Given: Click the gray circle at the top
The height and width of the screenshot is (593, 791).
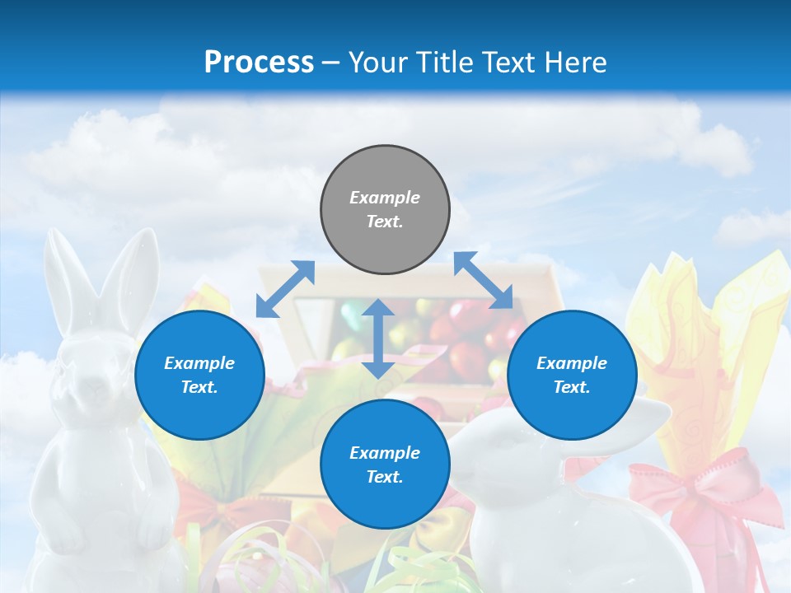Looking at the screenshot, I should (x=385, y=210).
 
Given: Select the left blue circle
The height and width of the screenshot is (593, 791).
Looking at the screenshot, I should (x=199, y=375).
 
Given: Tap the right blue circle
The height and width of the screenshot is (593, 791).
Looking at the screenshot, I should (x=572, y=375).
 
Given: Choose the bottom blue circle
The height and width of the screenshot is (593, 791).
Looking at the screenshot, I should (x=385, y=465).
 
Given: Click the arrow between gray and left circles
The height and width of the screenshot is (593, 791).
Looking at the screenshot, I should (x=285, y=289).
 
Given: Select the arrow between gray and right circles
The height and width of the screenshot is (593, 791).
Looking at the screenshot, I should (x=484, y=281).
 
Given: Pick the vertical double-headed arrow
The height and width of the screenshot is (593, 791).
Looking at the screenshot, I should (x=378, y=339).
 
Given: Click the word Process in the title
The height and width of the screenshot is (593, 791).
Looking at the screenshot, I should (x=259, y=62).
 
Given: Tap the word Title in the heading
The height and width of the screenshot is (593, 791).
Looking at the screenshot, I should (x=445, y=62).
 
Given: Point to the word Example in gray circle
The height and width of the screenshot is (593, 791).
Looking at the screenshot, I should (x=385, y=198).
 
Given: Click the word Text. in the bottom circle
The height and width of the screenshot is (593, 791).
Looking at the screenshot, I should (x=385, y=477).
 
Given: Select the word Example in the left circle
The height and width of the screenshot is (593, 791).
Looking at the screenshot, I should (x=199, y=363).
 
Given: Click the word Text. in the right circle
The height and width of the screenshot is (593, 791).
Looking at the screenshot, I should (x=572, y=387).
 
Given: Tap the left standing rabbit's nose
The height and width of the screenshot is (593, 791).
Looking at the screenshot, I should (x=96, y=385).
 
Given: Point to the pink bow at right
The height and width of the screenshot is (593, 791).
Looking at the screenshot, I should (x=700, y=490).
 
